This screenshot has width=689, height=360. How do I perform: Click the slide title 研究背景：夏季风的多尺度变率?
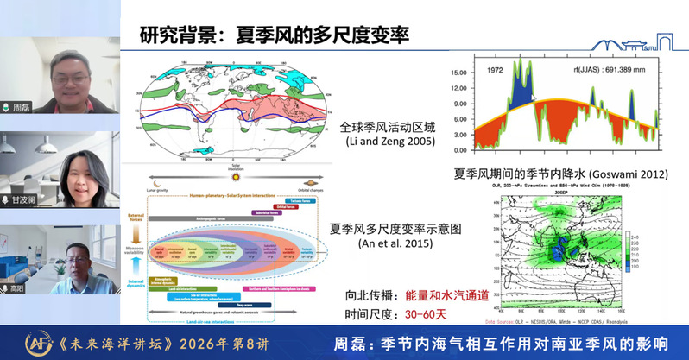[x=274, y=35]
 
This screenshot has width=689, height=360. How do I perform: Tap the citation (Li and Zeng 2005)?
[x=389, y=141]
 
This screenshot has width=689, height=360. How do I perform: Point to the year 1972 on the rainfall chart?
[x=495, y=70]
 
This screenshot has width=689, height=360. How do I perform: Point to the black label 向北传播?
[x=358, y=295]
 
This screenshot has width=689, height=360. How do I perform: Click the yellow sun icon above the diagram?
[x=238, y=176]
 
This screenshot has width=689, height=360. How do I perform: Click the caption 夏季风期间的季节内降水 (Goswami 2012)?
[x=561, y=174]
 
